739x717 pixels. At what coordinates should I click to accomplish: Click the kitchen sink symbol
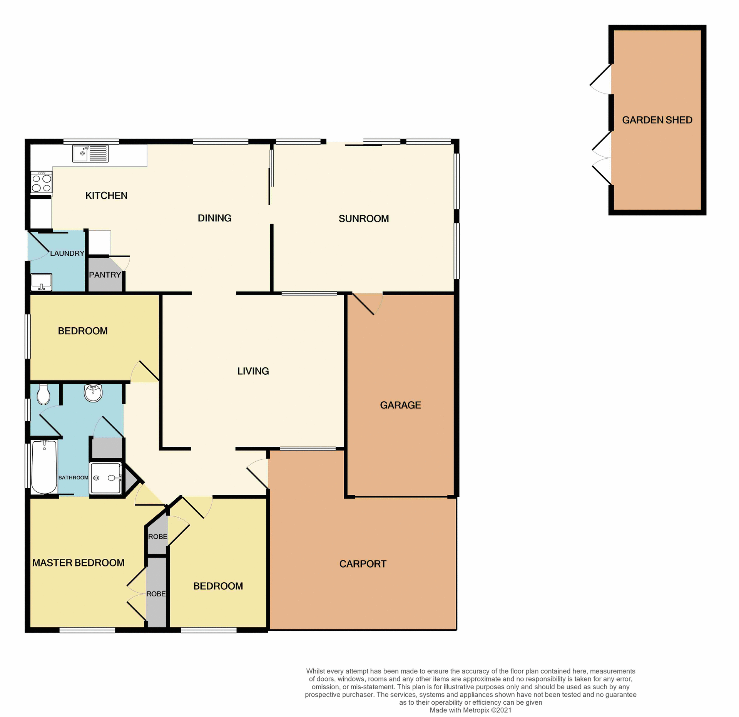point(90,154)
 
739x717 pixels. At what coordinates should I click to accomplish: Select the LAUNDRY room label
point(67,253)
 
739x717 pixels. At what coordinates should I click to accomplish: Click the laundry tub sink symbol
point(41,282)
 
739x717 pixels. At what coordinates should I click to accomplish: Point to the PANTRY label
point(105,275)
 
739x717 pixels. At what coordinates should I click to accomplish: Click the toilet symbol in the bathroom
point(43,394)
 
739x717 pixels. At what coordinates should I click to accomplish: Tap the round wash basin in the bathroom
point(93,393)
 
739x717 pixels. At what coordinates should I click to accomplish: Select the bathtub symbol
point(44,467)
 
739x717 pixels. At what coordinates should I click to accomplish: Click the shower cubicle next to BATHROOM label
point(105,478)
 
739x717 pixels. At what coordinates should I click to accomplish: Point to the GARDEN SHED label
point(657,120)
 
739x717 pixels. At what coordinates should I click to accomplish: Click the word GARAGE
point(400,405)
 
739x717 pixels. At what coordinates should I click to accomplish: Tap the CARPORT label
point(363,564)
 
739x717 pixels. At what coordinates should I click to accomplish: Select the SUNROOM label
point(363,219)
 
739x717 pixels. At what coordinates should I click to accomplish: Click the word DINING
point(214,218)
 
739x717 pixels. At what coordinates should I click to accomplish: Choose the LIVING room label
point(253,371)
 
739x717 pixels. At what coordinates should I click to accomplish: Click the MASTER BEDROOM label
point(78,563)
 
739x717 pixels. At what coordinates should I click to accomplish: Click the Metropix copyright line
point(470,710)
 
